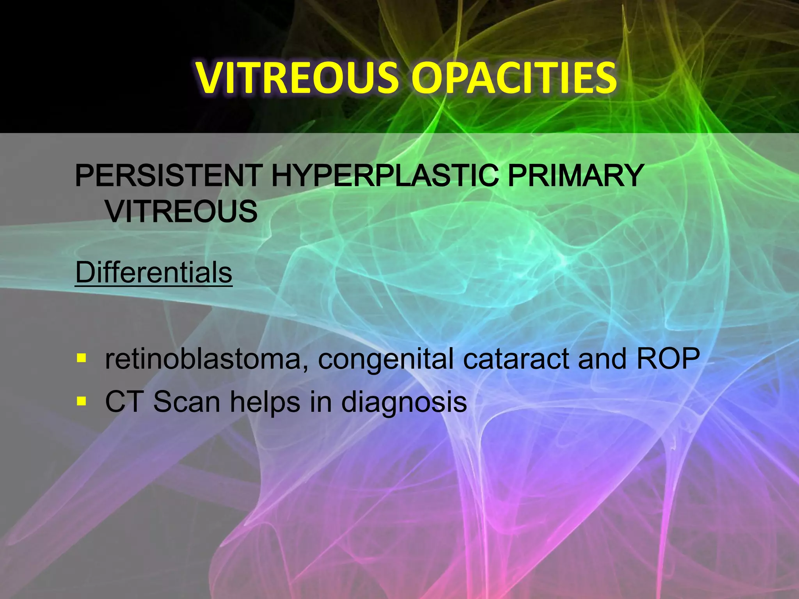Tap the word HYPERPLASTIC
pyautogui.click(x=384, y=176)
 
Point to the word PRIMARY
pyautogui.click(x=575, y=176)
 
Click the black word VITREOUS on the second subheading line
pyautogui.click(x=181, y=212)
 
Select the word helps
pyautogui.click(x=265, y=402)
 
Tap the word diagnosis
pyautogui.click(x=404, y=403)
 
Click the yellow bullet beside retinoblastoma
pyautogui.click(x=81, y=358)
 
